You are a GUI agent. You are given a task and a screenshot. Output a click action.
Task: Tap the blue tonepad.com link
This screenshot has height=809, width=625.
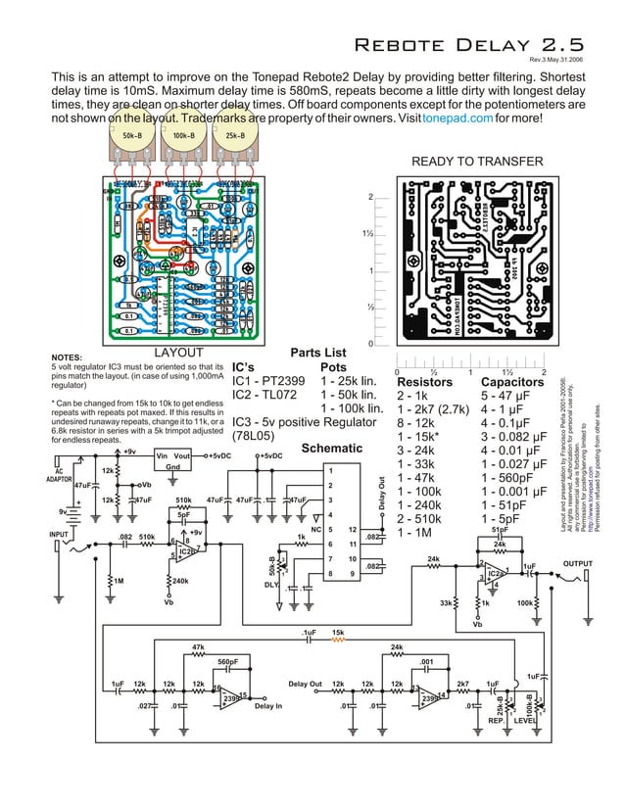(457, 118)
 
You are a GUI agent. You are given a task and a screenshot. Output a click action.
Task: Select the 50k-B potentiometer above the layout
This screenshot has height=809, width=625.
(129, 149)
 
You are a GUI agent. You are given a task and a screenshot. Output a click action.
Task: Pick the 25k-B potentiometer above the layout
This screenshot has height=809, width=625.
(235, 149)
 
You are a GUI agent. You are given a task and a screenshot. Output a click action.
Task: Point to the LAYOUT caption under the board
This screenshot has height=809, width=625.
(180, 353)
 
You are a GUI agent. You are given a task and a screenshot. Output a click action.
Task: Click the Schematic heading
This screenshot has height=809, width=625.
(332, 448)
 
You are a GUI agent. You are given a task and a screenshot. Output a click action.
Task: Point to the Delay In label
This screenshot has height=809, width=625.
(268, 704)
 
